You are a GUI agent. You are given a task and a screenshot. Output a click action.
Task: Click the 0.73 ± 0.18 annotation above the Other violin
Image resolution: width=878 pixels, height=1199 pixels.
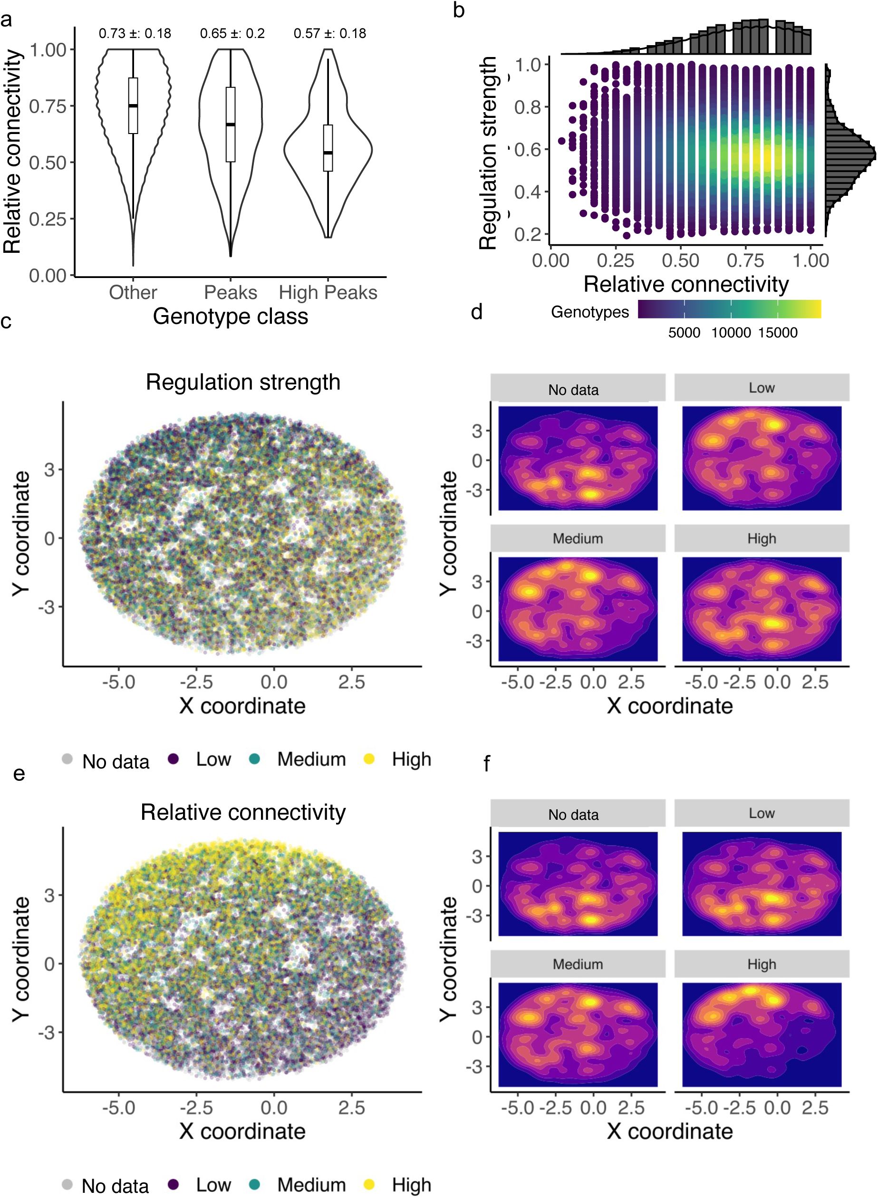[x=135, y=33]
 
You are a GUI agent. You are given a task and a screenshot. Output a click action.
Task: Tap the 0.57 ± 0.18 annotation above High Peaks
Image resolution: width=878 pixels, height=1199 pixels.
[x=329, y=33]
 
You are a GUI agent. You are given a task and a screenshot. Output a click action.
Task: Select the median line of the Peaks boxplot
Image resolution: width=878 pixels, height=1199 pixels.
[x=231, y=125]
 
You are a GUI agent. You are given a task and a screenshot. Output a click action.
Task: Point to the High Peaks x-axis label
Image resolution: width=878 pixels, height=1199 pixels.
[x=328, y=293]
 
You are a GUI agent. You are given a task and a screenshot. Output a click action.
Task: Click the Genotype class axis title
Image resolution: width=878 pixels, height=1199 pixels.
[x=230, y=317]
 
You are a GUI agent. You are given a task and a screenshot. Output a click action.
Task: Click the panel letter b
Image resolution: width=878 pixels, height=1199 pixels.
[x=459, y=10]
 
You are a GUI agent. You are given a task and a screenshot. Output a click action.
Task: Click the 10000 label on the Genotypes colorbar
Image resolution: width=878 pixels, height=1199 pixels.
[x=731, y=333]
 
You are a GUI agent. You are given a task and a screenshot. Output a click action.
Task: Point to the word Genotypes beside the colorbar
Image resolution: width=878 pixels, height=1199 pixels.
[x=590, y=312]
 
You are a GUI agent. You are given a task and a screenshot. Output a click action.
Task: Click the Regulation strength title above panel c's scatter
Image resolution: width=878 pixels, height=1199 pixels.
[x=243, y=383]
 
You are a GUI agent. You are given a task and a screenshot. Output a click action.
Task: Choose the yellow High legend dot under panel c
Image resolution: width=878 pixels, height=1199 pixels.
[x=369, y=759]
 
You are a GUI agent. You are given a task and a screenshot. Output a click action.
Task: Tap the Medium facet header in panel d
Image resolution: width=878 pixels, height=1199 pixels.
[x=578, y=539]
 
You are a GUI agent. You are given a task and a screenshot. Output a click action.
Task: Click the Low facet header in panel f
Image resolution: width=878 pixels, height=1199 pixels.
[x=762, y=813]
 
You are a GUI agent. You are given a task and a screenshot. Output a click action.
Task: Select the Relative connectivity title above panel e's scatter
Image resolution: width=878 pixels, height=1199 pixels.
[x=243, y=813]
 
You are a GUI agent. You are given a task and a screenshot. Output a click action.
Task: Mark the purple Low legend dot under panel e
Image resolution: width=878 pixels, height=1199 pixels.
[x=173, y=1184]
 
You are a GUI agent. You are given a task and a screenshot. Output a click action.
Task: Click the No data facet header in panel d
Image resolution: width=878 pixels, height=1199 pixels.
[x=573, y=390]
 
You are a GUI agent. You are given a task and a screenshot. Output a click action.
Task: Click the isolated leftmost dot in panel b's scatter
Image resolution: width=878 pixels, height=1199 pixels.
[x=562, y=141]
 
